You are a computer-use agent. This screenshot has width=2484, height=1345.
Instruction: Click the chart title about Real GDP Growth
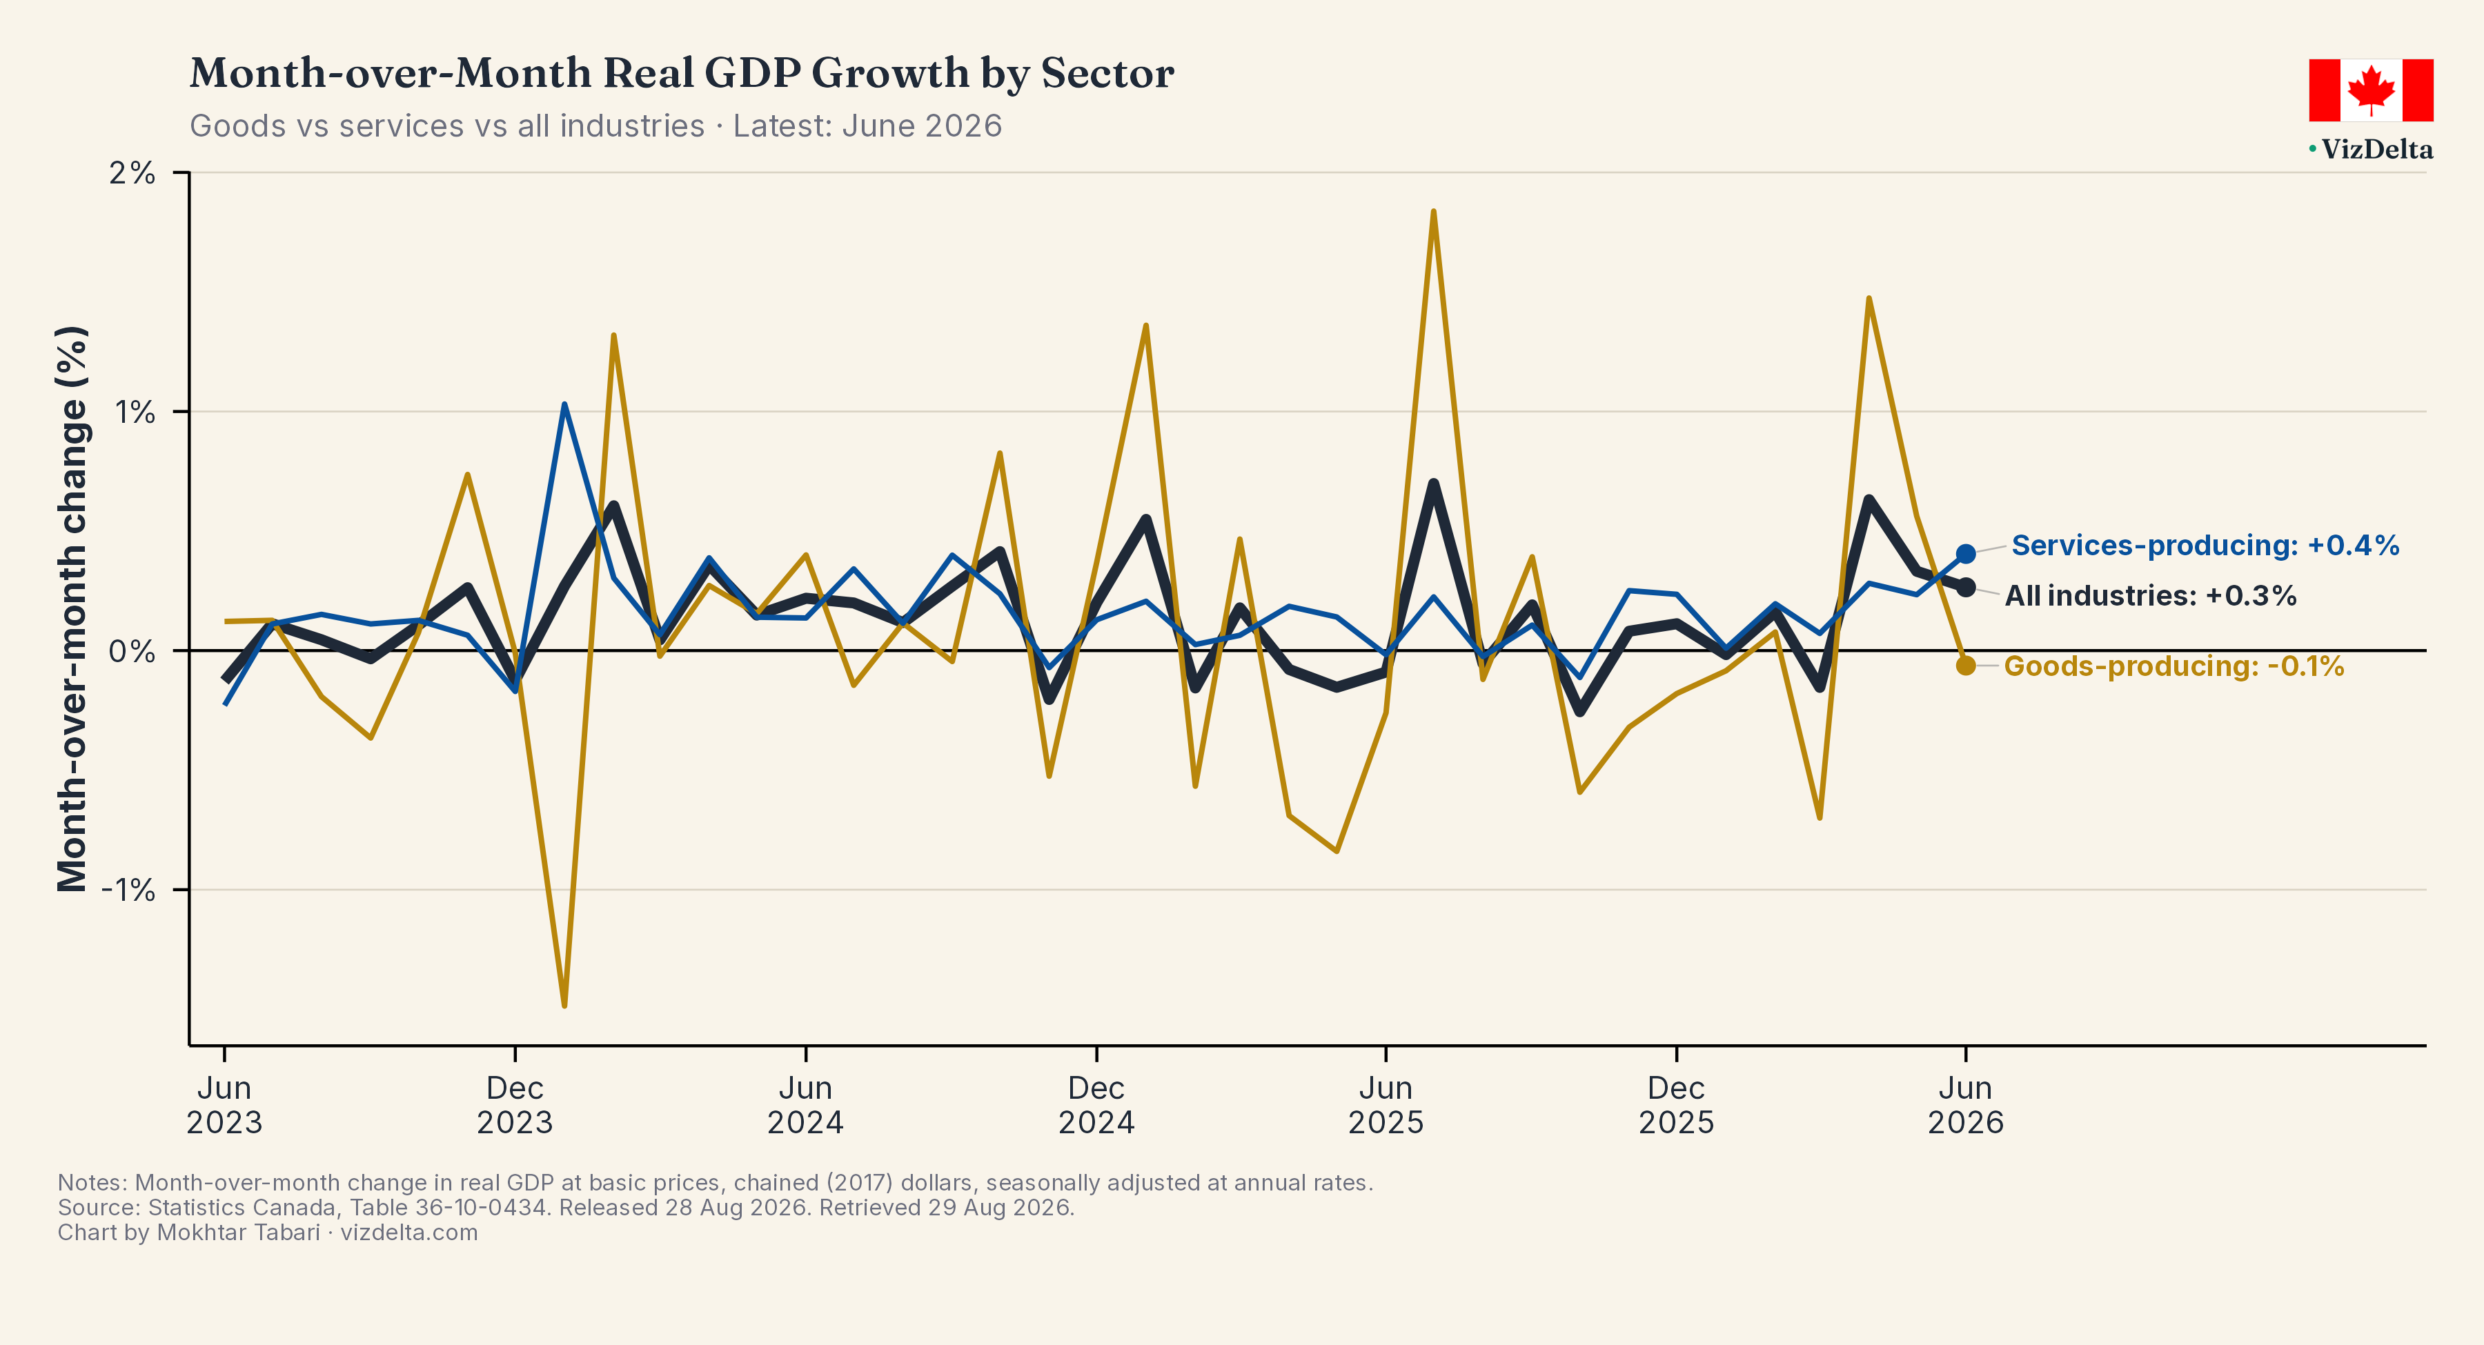tap(682, 73)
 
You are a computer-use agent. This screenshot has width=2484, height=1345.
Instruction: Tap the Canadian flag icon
tap(2370, 90)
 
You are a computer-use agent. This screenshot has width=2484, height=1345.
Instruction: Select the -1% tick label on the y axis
tap(128, 889)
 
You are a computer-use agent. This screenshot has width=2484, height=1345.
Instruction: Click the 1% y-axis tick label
tap(135, 412)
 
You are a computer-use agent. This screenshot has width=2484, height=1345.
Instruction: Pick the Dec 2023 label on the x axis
tap(515, 1105)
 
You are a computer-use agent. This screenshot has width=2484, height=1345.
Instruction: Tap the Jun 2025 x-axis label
tap(1386, 1105)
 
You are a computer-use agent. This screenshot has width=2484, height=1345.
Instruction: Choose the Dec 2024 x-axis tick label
tap(1096, 1105)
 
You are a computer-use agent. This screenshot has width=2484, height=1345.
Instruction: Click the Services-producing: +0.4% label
tap(2205, 546)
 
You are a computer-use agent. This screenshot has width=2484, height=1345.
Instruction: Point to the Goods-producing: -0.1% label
tap(2173, 666)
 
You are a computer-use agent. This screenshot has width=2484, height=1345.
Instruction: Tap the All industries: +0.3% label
tap(2150, 596)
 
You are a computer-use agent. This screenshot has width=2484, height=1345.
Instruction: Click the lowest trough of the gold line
tap(564, 1006)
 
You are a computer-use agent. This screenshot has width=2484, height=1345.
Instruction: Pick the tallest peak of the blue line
tap(564, 404)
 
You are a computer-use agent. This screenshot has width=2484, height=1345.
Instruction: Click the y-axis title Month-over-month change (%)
tap(72, 608)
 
